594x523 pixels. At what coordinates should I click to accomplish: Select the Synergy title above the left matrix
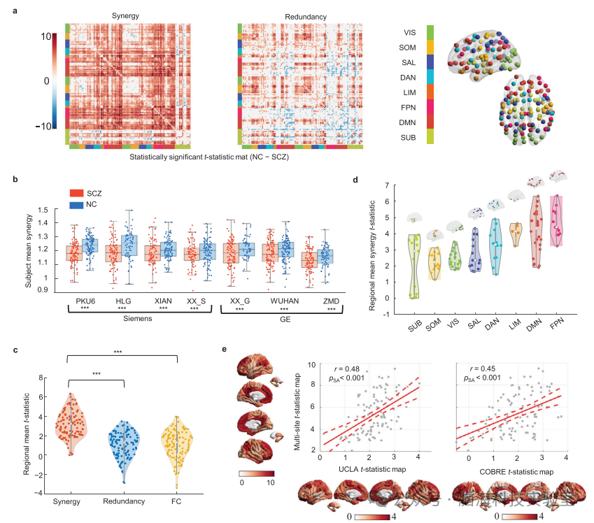pyautogui.click(x=125, y=15)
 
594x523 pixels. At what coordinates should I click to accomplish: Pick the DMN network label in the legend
pyautogui.click(x=410, y=122)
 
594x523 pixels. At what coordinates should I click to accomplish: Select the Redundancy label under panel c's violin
pyautogui.click(x=124, y=500)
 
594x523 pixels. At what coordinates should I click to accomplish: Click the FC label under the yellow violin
pyautogui.click(x=178, y=500)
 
